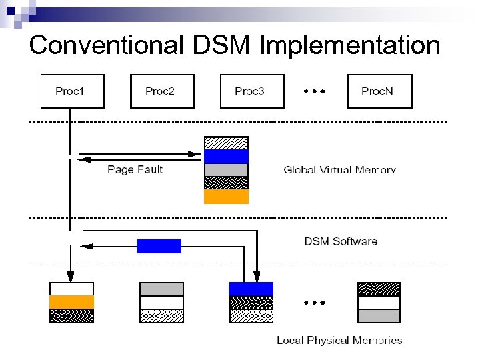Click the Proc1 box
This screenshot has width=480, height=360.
73,91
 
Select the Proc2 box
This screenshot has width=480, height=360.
160,91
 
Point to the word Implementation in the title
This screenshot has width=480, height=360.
349,45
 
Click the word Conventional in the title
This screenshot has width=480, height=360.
105,45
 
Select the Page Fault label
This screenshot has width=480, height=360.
135,170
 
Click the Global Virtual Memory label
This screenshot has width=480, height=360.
339,170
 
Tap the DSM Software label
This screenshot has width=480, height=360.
341,241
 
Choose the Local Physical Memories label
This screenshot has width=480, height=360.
339,341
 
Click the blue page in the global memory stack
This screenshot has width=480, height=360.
226,157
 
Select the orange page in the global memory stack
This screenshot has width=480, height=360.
226,197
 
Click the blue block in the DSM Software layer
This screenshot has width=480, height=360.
159,246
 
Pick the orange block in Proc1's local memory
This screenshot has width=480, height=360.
72,302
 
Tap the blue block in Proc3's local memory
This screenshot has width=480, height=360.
251,289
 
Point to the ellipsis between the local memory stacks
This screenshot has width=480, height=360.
314,302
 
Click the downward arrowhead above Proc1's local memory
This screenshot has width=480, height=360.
70,275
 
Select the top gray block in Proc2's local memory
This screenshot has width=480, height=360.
161,289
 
